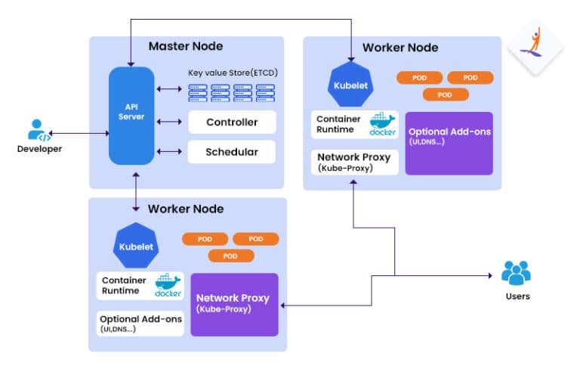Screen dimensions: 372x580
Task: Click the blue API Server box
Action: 131,116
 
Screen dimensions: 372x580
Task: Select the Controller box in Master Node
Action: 232,122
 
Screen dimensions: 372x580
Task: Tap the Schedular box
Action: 232,152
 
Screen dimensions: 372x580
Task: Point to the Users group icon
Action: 517,273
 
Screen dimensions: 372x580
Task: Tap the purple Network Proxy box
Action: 234,304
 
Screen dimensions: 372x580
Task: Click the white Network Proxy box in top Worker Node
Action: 354,162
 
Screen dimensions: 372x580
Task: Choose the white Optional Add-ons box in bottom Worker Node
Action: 141,324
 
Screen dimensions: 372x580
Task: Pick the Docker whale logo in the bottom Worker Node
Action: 168,286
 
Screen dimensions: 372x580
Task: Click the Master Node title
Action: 185,46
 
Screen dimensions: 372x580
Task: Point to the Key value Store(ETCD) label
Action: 231,73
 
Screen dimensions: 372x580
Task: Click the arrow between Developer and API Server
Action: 80,134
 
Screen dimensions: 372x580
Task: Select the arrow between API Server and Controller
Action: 170,122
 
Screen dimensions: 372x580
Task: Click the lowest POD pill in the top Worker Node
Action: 445,95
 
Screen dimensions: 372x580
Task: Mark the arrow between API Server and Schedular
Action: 170,152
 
